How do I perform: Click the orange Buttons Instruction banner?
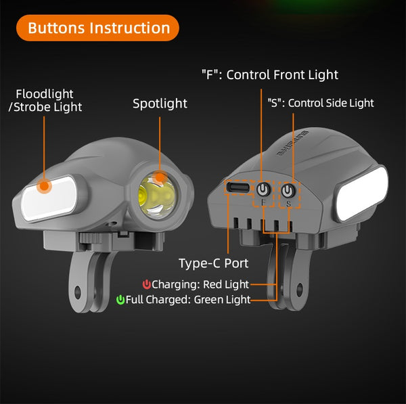(x=99, y=28)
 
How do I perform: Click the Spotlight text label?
(x=160, y=104)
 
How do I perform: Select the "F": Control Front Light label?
(x=270, y=74)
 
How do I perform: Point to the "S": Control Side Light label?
(x=321, y=103)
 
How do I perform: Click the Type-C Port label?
(x=213, y=263)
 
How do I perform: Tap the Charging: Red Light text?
(x=200, y=284)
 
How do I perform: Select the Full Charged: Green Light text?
(x=201, y=299)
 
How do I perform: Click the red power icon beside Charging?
(x=146, y=284)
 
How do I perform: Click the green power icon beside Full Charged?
(x=121, y=299)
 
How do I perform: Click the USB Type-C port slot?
(x=238, y=187)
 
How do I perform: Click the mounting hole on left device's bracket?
(x=78, y=291)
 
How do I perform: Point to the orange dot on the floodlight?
(x=45, y=185)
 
